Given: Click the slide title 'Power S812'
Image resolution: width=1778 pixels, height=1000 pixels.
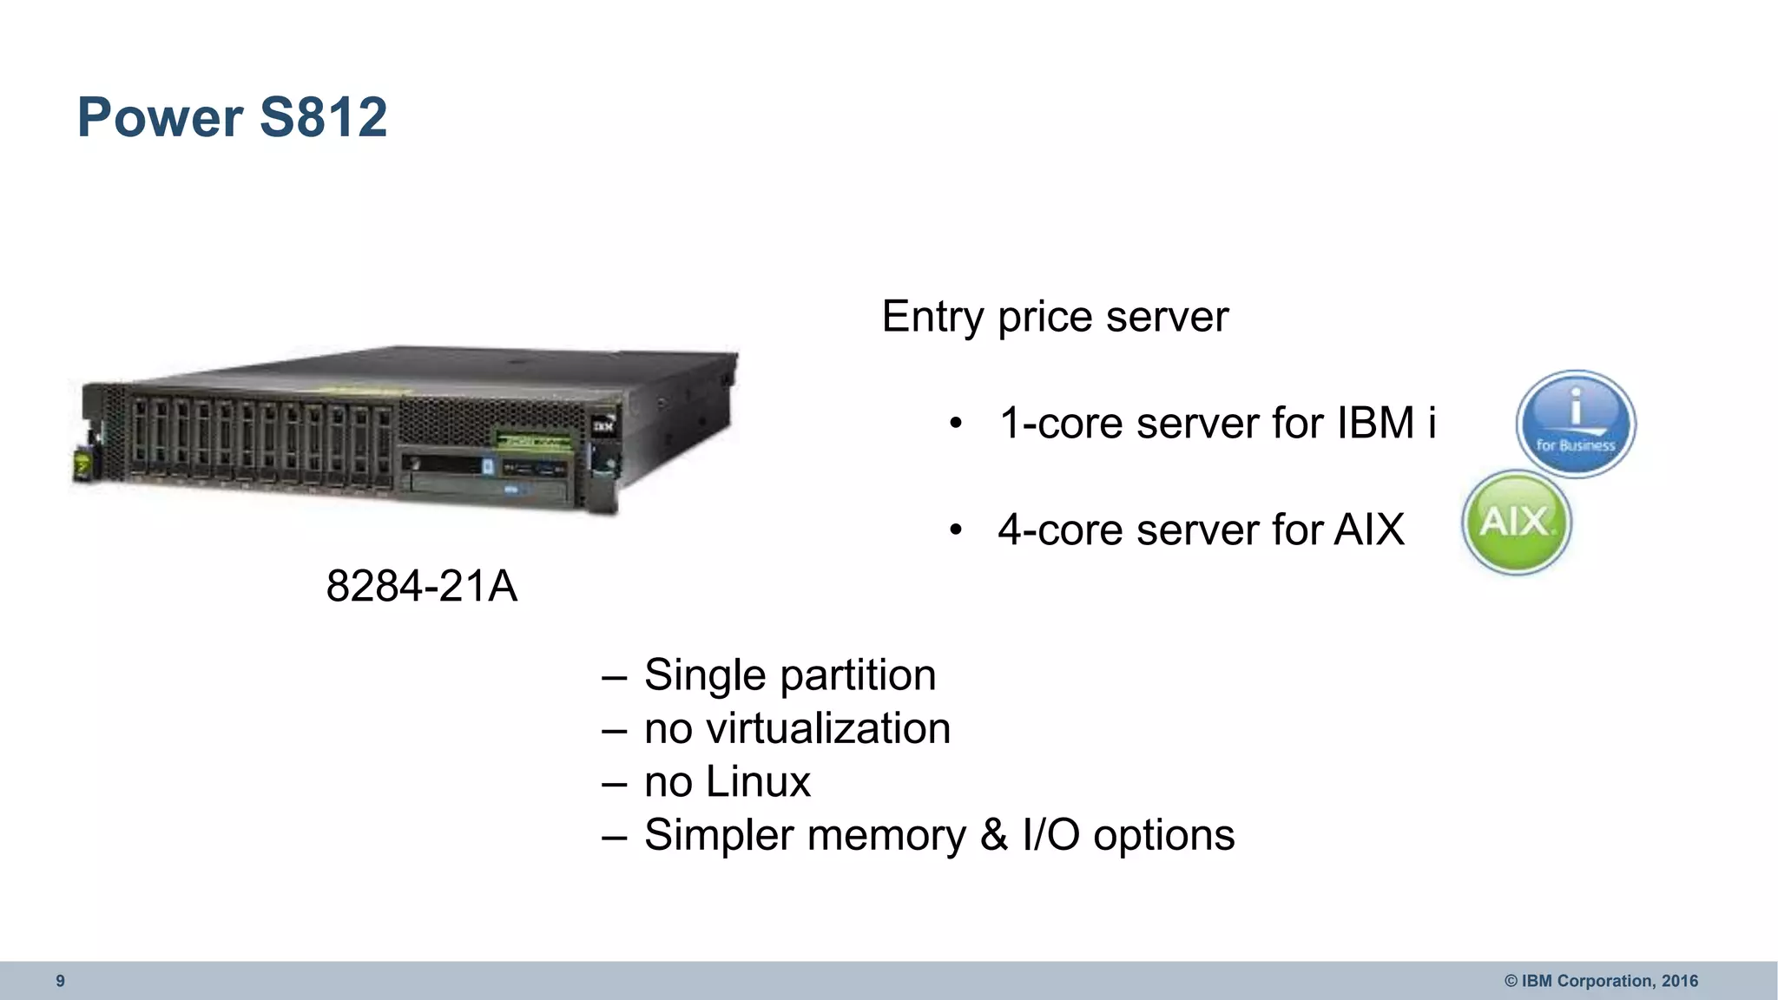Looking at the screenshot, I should tap(232, 117).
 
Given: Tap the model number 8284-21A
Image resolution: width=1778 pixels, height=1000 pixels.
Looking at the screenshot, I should tap(421, 586).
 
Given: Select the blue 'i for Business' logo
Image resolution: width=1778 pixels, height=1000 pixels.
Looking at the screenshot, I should tap(1576, 424).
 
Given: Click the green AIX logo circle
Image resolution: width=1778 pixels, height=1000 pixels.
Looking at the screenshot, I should tap(1517, 523).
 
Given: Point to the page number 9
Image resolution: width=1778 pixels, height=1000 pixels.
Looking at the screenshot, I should tap(60, 981).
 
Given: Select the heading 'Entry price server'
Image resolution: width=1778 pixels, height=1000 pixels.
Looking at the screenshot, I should tap(1055, 316).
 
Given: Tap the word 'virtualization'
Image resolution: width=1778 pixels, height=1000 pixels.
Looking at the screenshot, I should tap(827, 728).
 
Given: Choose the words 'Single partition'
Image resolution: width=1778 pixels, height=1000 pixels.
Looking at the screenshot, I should tap(790, 675).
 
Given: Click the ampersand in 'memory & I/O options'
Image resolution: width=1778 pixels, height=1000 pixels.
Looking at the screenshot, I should tap(994, 835).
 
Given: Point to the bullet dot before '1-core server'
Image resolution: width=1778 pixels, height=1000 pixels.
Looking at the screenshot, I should tap(956, 424).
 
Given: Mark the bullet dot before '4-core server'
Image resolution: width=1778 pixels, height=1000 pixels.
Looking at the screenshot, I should tap(956, 530).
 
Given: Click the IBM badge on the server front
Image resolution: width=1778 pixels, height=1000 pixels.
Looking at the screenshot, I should tap(603, 426).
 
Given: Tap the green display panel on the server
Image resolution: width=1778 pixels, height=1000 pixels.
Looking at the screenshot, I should tap(532, 440).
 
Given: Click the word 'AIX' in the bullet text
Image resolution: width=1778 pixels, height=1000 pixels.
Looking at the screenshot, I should tap(1369, 530).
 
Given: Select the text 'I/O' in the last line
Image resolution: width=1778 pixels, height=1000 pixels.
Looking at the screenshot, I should tap(1050, 835).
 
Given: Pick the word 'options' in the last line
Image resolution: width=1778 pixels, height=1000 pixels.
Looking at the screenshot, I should tap(1163, 835).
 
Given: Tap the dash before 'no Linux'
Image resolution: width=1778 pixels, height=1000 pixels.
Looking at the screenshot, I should tap(614, 783).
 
